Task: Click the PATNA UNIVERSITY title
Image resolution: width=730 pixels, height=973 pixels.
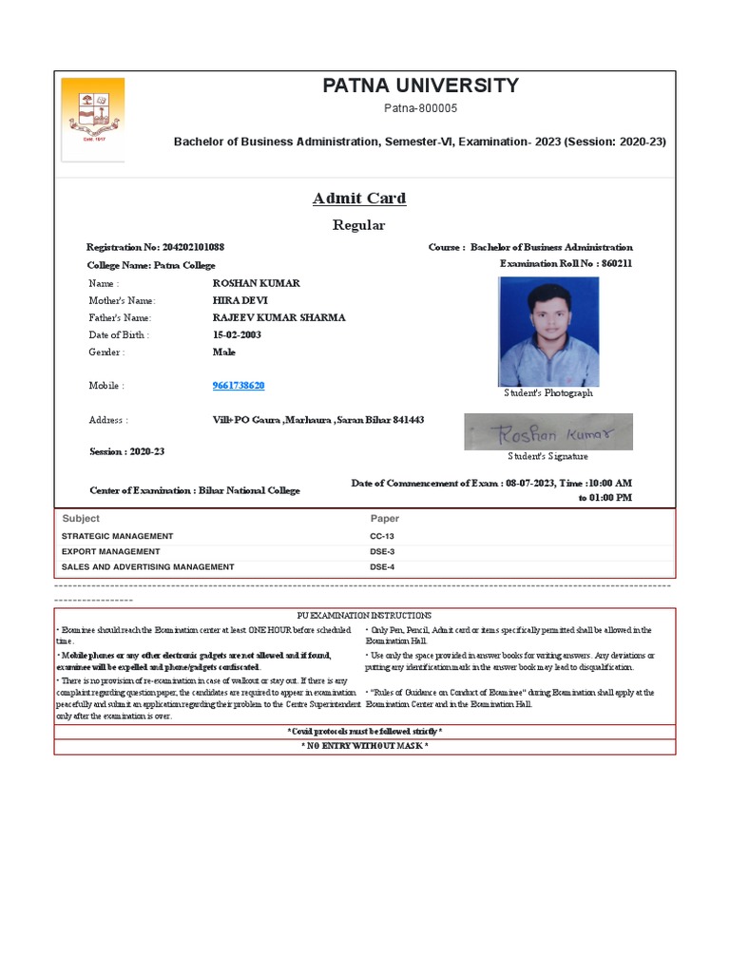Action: [420, 86]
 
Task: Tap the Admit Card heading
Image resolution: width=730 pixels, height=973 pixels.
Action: [359, 199]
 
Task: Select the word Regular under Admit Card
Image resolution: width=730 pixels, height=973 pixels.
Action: [358, 225]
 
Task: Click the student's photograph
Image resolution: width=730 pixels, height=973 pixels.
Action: [548, 331]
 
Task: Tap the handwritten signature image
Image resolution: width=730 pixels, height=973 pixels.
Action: [547, 431]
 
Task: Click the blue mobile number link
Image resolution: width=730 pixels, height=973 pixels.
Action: [239, 386]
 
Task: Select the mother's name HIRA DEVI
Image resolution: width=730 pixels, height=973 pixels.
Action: [241, 300]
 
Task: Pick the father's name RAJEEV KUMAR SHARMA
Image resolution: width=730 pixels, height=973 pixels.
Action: [279, 317]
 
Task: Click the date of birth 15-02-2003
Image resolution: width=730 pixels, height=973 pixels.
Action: [237, 334]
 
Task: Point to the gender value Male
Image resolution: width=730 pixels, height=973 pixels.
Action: [224, 352]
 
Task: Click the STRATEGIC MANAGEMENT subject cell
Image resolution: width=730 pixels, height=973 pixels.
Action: [118, 536]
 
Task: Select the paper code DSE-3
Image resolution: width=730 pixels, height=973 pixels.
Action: [382, 551]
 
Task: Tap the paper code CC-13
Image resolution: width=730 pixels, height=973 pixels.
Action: [382, 536]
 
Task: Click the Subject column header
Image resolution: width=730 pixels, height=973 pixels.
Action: [81, 519]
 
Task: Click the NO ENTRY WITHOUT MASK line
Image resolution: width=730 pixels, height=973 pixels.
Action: [364, 747]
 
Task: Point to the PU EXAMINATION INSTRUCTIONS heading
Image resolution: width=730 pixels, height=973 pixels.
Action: [364, 616]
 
